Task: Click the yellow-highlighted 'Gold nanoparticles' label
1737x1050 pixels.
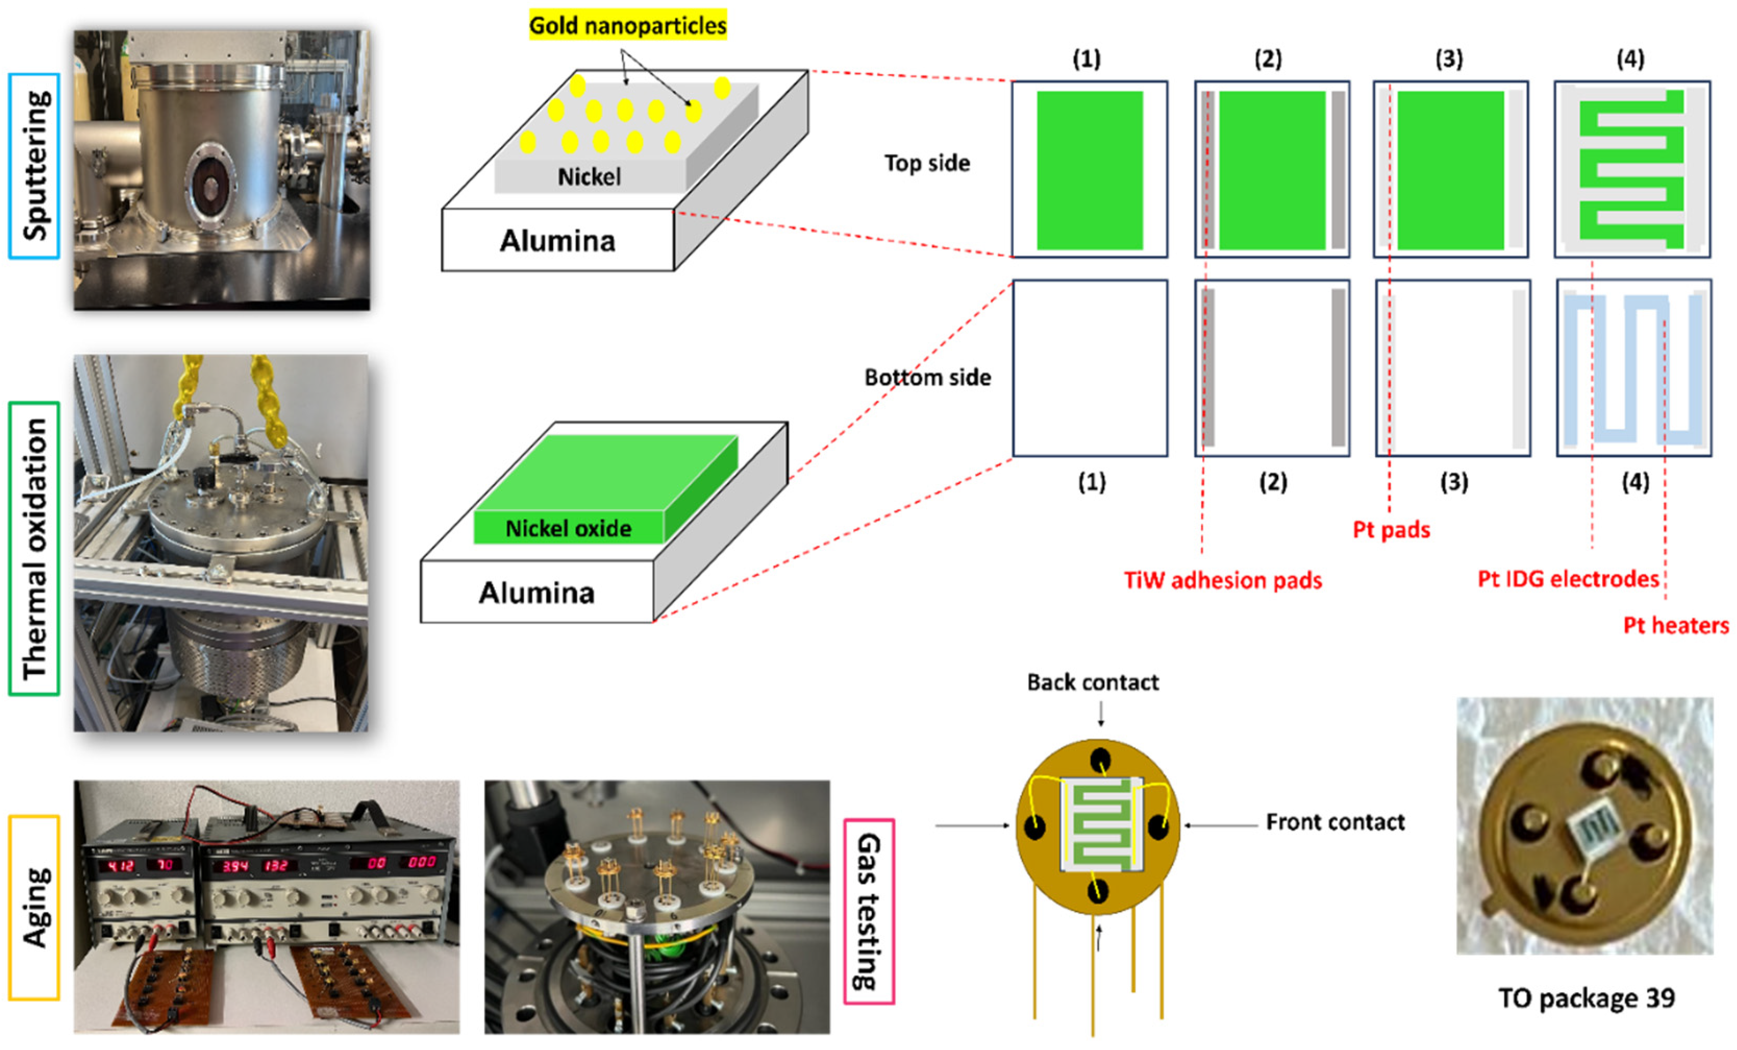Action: pyautogui.click(x=628, y=26)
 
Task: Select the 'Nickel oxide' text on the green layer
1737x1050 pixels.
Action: pyautogui.click(x=568, y=528)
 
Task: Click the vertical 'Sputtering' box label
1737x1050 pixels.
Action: pyautogui.click(x=34, y=166)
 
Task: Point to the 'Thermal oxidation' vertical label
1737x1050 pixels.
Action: pyautogui.click(x=34, y=549)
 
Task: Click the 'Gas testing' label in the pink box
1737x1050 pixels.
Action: pyautogui.click(x=869, y=911)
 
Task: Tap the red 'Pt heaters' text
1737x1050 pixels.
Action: pyautogui.click(x=1676, y=625)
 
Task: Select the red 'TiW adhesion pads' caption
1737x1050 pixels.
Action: pyautogui.click(x=1222, y=580)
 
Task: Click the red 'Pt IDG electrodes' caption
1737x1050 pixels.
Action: pyautogui.click(x=1568, y=579)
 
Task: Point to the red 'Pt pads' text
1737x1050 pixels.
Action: pyautogui.click(x=1391, y=529)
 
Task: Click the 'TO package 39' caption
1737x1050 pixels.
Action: pyautogui.click(x=1586, y=998)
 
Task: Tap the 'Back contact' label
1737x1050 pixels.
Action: pyautogui.click(x=1093, y=682)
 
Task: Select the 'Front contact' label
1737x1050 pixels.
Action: pyautogui.click(x=1334, y=822)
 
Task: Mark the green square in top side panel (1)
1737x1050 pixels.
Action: pyautogui.click(x=1089, y=170)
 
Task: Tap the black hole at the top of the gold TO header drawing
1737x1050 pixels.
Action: pyautogui.click(x=1099, y=761)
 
